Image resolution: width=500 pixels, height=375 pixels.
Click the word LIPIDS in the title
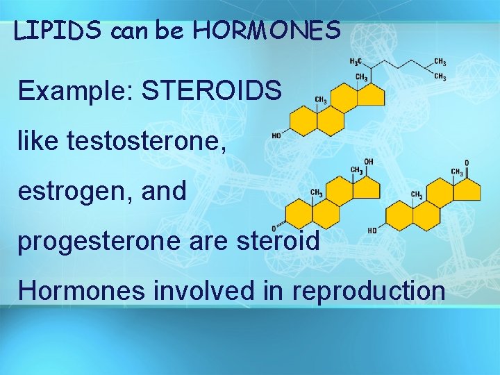pyautogui.click(x=58, y=31)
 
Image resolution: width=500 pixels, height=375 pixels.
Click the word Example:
pyautogui.click(x=66, y=91)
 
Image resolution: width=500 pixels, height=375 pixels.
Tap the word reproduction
pyautogui.click(x=369, y=290)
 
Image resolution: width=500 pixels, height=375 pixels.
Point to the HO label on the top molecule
pyautogui.click(x=276, y=136)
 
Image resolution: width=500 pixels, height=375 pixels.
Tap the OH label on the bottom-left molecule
pyautogui.click(x=369, y=162)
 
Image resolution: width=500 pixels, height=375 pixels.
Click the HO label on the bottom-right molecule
pyautogui.click(x=373, y=231)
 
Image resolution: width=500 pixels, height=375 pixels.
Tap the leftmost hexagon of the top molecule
pyautogui.click(x=303, y=122)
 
